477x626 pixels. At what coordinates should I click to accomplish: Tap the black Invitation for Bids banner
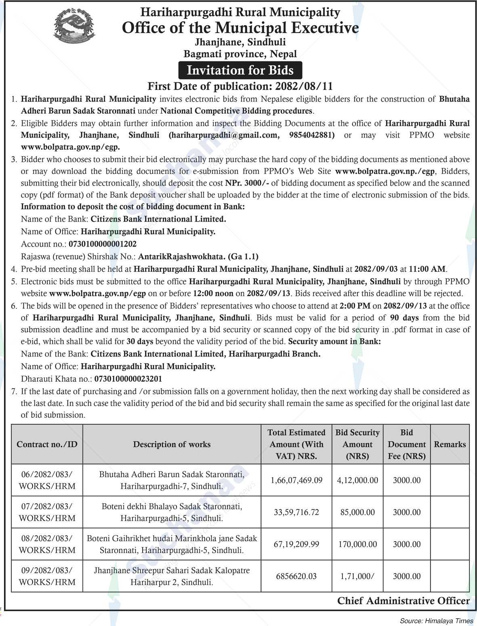240,70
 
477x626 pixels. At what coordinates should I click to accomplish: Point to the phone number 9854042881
311,135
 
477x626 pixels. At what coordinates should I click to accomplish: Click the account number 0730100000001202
103,244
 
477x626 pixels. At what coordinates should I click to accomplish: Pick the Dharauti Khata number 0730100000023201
128,379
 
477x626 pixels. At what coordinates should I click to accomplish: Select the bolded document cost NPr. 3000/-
247,183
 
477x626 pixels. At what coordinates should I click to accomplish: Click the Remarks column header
450,444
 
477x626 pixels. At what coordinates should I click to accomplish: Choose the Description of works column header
172,444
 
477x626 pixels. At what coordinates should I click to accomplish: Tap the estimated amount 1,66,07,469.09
296,480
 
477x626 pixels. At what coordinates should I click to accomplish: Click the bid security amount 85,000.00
357,512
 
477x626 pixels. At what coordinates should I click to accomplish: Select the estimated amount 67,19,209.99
296,544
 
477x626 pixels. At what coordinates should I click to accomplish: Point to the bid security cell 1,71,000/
357,576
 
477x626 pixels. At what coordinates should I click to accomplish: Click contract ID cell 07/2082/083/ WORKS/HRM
47,512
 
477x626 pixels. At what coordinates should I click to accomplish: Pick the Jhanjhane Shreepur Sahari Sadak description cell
172,576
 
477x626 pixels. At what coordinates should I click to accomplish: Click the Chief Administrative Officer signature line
403,601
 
